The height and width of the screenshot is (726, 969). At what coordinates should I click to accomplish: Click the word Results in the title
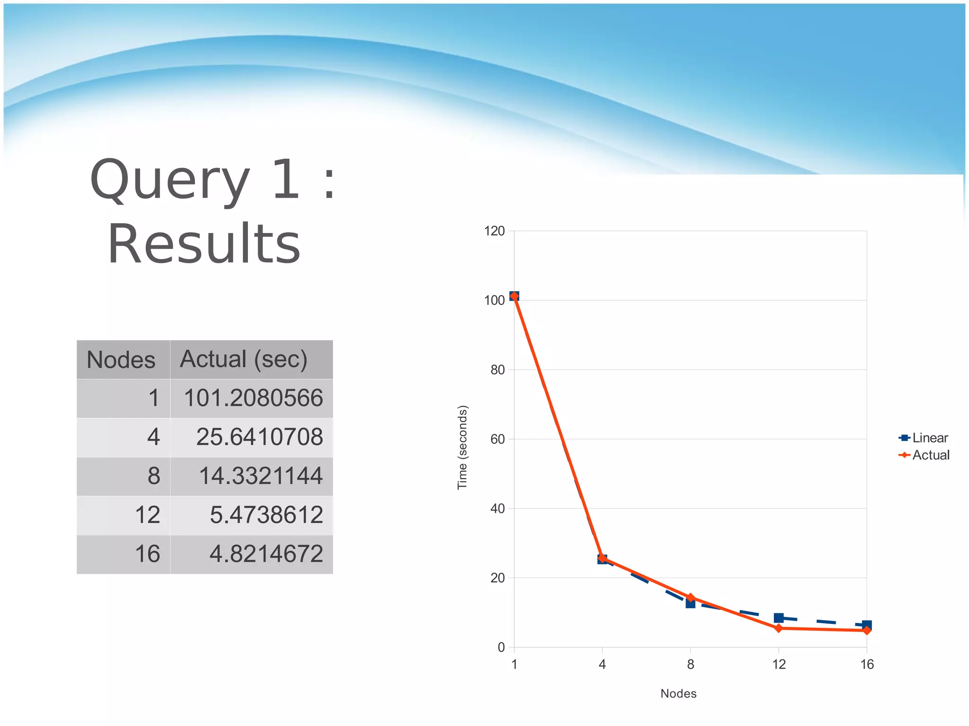click(x=204, y=244)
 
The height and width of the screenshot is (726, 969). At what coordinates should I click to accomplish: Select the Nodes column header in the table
click(x=121, y=360)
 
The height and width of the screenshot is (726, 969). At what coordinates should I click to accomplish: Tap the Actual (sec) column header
click(x=244, y=359)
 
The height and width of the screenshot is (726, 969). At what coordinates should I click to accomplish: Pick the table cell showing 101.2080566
click(x=253, y=398)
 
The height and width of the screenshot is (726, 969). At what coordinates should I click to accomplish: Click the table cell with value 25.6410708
click(x=259, y=437)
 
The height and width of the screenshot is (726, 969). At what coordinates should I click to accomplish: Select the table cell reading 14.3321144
click(x=261, y=476)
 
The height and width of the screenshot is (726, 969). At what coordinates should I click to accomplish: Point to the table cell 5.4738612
click(x=266, y=515)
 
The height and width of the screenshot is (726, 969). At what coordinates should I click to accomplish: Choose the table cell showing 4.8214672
click(x=266, y=554)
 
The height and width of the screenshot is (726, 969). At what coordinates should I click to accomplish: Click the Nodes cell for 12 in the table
click(x=148, y=515)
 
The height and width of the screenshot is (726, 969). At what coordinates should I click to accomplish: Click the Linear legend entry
click(x=929, y=438)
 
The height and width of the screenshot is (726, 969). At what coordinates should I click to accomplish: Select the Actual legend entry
click(x=930, y=455)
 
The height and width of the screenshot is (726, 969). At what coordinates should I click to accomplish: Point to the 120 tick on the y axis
click(x=494, y=231)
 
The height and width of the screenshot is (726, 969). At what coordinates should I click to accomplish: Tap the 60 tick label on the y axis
click(x=498, y=439)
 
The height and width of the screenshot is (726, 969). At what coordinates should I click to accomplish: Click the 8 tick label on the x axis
click(x=691, y=665)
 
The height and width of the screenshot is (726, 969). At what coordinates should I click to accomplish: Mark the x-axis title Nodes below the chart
click(x=678, y=693)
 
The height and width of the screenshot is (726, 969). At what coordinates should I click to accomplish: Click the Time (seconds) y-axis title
click(x=462, y=447)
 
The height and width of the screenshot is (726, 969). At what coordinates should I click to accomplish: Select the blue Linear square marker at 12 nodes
click(x=779, y=618)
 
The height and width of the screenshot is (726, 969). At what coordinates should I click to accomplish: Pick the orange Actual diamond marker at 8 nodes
click(x=691, y=598)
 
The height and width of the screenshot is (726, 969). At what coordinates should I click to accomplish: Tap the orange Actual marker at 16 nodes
click(x=867, y=631)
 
